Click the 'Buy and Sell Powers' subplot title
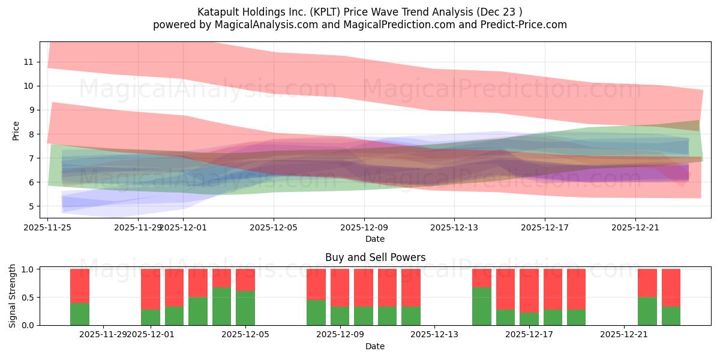tap(375, 257)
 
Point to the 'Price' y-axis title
tap(16, 130)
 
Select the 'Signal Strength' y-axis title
tap(13, 296)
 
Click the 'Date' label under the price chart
tap(375, 239)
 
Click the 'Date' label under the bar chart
tap(375, 346)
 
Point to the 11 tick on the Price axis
tap(28, 62)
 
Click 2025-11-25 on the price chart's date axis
tap(48, 227)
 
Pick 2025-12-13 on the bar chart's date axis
tap(434, 334)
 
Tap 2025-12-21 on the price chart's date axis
tap(635, 227)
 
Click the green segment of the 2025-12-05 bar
tap(245, 308)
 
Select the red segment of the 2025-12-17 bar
tap(529, 290)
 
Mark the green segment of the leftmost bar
tap(80, 314)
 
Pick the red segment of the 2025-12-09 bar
tap(340, 287)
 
